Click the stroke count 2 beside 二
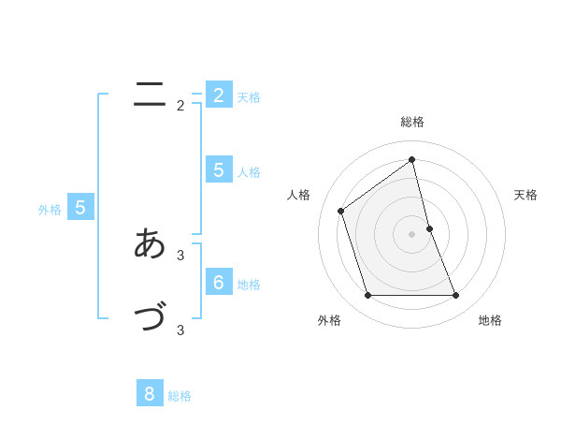pos(180,106)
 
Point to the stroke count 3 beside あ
pos(180,255)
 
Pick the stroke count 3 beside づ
pos(180,330)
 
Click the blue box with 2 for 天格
pos(219,95)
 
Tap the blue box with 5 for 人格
pos(219,169)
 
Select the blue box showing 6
pos(219,282)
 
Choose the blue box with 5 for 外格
pos(80,208)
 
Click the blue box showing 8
pos(150,393)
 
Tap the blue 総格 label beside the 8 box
pos(180,396)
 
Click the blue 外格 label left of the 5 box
pos(50,210)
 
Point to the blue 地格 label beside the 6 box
pos(249,285)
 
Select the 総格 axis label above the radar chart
pos(412,122)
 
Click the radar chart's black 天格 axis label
pos(525,195)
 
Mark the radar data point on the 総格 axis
pos(412,160)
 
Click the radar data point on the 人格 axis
pos(340,211)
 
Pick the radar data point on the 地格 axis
pos(456,296)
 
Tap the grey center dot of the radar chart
pos(412,234)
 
